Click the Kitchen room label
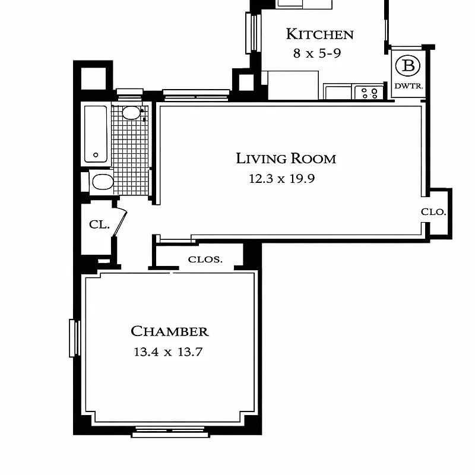[x=319, y=34]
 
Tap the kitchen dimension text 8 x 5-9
[x=317, y=53]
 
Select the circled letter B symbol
[x=408, y=65]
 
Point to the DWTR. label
[x=408, y=86]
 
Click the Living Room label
[x=286, y=159]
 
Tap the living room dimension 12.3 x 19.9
[x=281, y=178]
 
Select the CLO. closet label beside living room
[x=433, y=212]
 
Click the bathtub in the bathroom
[x=96, y=134]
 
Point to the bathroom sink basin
[x=131, y=113]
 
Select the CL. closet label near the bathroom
[x=99, y=224]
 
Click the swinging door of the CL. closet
[x=121, y=223]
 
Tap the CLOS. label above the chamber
[x=205, y=259]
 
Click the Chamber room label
[x=169, y=331]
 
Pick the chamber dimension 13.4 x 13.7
[x=168, y=351]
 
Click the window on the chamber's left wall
[x=74, y=338]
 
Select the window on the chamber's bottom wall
[x=170, y=433]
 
